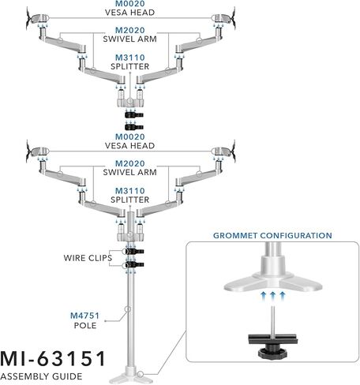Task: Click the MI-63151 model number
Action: point(53,359)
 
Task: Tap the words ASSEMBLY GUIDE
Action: point(41,376)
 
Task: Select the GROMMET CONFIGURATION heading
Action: point(272,235)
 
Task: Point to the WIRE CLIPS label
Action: point(88,258)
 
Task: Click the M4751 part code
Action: point(84,316)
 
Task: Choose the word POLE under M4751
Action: point(85,326)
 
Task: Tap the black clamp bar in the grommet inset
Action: point(273,339)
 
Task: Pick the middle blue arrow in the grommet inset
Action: point(272,296)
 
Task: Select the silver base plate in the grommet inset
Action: point(273,282)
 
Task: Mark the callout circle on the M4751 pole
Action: point(128,309)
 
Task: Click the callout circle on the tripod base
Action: point(141,374)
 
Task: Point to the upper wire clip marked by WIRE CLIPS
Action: point(134,252)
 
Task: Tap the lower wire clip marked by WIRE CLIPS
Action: point(134,264)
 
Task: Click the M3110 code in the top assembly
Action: point(130,58)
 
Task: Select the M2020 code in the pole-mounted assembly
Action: point(130,163)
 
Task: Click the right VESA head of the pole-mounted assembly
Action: point(224,151)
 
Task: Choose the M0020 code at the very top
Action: point(130,4)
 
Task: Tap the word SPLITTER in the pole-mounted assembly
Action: point(130,200)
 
